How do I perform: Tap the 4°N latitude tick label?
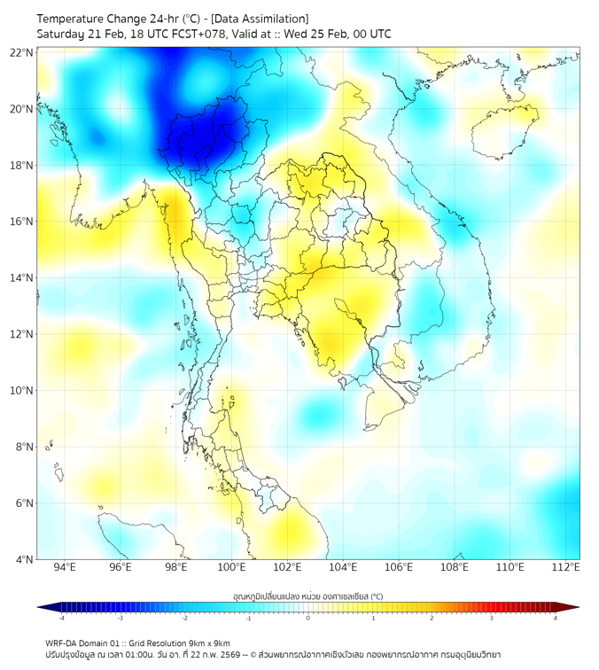(23, 559)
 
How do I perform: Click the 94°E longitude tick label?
(65, 567)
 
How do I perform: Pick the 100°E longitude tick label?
(232, 567)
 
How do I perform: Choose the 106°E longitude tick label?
(399, 567)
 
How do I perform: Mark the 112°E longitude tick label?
(566, 567)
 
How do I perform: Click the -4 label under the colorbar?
(61, 618)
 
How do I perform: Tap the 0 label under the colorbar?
(308, 618)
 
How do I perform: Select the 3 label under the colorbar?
(492, 618)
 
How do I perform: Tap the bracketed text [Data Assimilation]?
(261, 19)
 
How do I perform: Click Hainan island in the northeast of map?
(503, 133)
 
